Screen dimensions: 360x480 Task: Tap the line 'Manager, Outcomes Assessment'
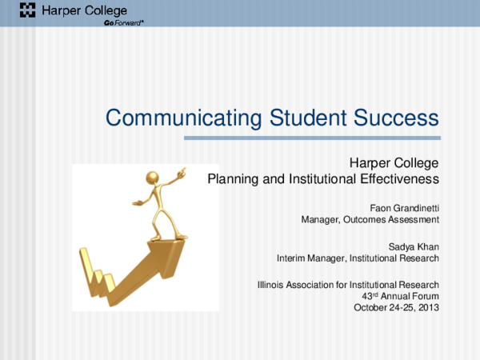pyautogui.click(x=370, y=219)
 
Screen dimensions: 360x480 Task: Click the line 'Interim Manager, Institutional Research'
pyautogui.click(x=358, y=258)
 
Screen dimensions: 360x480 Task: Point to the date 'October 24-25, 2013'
pyautogui.click(x=396, y=306)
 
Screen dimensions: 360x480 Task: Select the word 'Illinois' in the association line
pyautogui.click(x=272, y=284)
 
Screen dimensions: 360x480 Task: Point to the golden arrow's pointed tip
pyautogui.click(x=190, y=234)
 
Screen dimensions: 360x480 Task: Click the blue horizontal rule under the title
pyautogui.click(x=312, y=138)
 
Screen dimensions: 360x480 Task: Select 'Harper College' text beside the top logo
pyautogui.click(x=74, y=10)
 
